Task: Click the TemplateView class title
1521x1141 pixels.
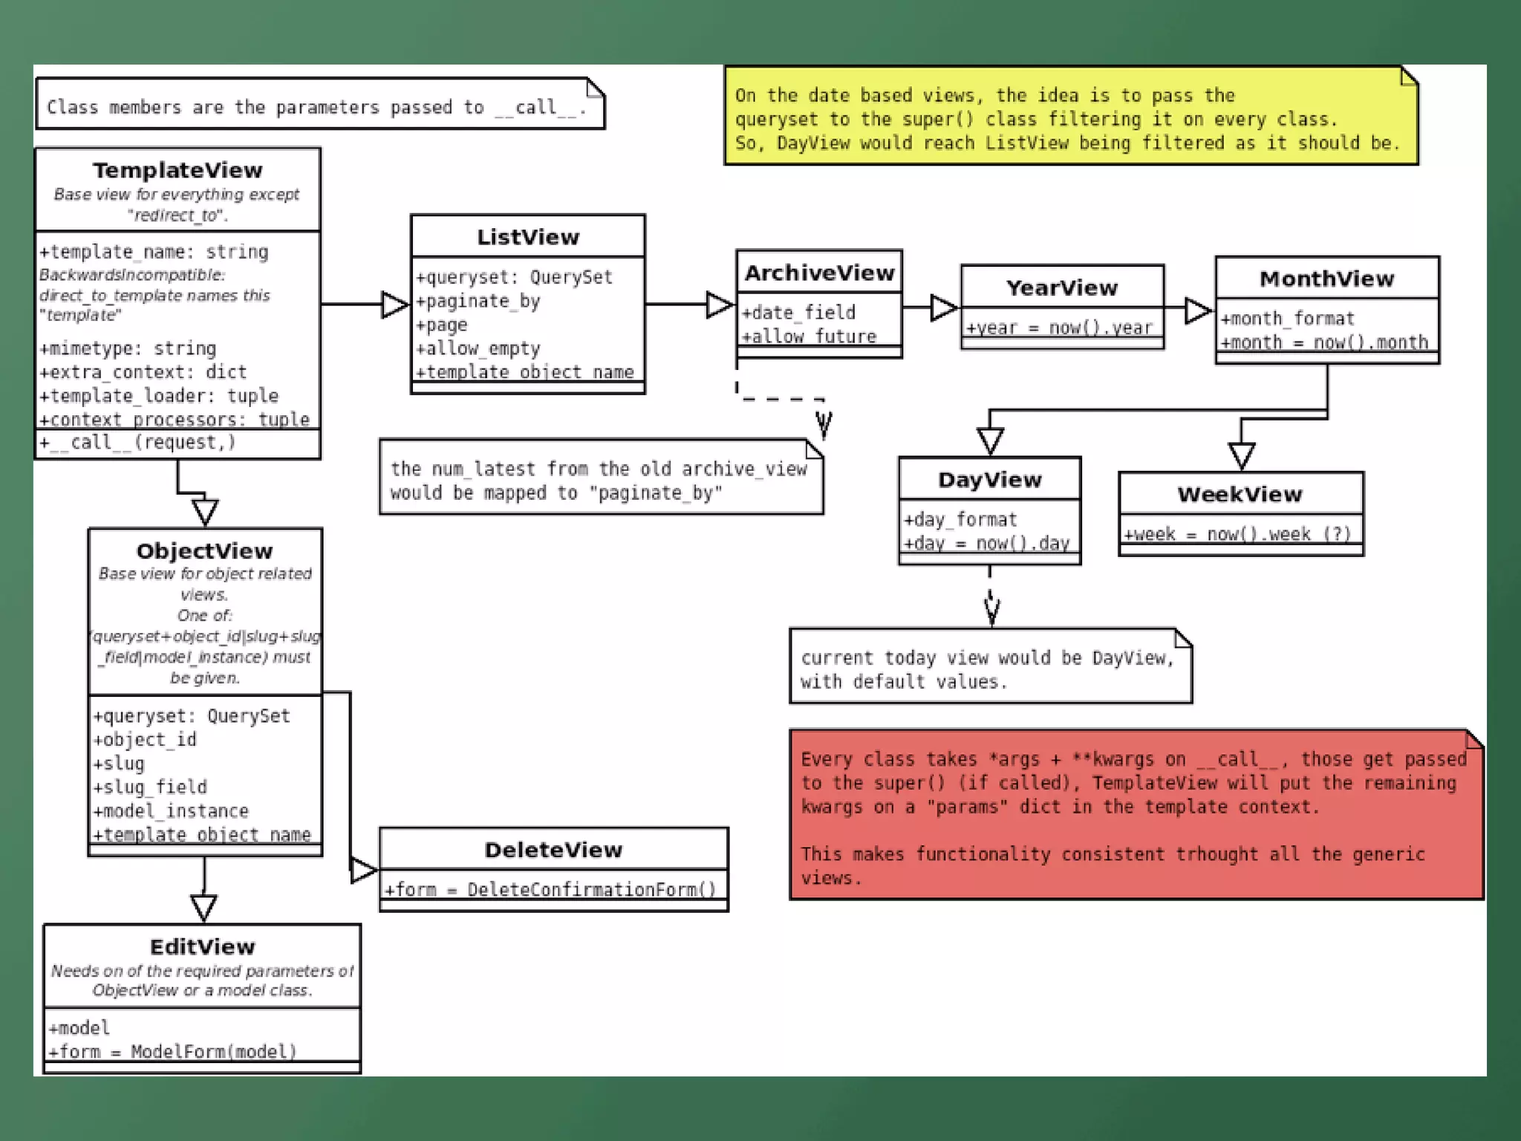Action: tap(177, 170)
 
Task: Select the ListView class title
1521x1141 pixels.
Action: tap(528, 237)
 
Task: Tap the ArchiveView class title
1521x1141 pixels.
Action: tap(819, 273)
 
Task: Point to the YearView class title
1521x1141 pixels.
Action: tap(1062, 287)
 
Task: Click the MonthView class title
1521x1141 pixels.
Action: tap(1326, 279)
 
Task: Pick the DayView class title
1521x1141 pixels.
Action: tap(989, 479)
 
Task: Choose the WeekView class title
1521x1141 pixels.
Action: tap(1240, 494)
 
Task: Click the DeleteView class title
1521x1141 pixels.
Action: tap(553, 849)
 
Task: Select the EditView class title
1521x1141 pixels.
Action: tap(202, 946)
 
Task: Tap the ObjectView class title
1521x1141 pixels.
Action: tap(204, 550)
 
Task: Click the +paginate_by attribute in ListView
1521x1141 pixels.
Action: tap(478, 301)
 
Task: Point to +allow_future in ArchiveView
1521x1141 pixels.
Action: tap(809, 337)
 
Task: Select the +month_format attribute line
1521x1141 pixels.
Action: tap(1287, 319)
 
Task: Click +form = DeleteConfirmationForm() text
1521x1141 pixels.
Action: tap(550, 889)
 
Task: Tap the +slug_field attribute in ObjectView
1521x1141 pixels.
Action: tap(150, 787)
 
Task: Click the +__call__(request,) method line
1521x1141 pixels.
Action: tap(138, 442)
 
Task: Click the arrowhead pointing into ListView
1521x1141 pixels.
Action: tap(394, 305)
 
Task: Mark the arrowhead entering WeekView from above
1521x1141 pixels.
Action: tap(1241, 455)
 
